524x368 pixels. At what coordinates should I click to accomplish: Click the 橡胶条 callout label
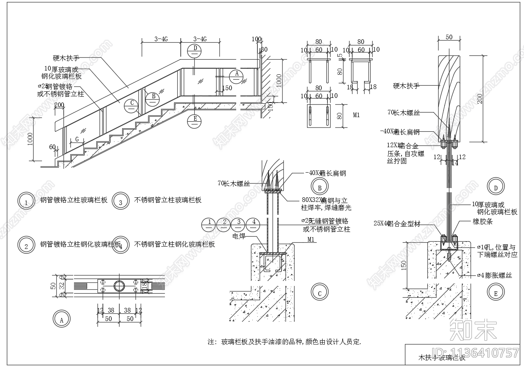[482, 222]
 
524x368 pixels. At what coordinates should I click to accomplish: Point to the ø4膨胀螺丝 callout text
[494, 276]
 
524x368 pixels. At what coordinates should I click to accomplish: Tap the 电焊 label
[239, 236]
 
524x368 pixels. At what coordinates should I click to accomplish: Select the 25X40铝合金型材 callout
[396, 223]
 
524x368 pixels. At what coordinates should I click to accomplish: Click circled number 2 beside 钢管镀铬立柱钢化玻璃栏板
[26, 245]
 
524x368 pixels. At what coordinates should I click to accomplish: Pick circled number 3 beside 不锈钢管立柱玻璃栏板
[121, 201]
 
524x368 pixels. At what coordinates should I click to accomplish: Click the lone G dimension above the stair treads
[77, 139]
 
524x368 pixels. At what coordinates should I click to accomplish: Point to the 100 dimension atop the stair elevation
[256, 39]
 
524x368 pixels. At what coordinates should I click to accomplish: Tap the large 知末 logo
[474, 329]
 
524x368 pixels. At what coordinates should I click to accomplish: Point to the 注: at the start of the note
[212, 342]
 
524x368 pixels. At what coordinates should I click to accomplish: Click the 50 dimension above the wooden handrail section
[449, 37]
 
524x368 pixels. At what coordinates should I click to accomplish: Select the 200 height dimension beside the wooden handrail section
[480, 99]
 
